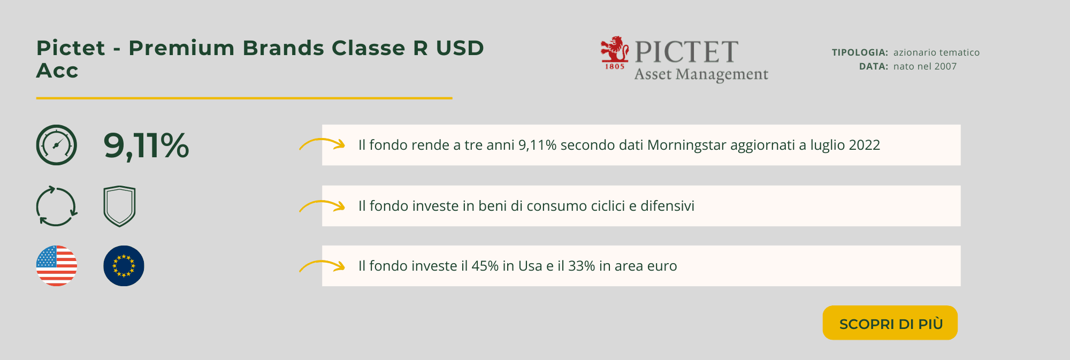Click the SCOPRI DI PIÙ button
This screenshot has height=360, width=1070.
890,323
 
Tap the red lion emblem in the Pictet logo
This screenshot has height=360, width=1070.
615,52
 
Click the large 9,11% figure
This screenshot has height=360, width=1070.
146,145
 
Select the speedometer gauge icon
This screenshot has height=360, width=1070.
57,145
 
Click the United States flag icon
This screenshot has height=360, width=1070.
57,266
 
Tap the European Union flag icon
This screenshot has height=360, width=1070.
124,266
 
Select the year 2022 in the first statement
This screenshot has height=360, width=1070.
864,145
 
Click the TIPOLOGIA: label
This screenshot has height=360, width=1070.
860,52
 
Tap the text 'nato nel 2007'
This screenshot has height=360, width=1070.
925,66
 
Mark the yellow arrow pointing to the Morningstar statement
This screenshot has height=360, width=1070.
322,140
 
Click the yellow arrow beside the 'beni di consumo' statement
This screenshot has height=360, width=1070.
322,202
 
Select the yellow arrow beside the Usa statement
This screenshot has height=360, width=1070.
322,262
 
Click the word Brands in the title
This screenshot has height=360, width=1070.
283,48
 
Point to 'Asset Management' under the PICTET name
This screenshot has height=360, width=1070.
701,74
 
